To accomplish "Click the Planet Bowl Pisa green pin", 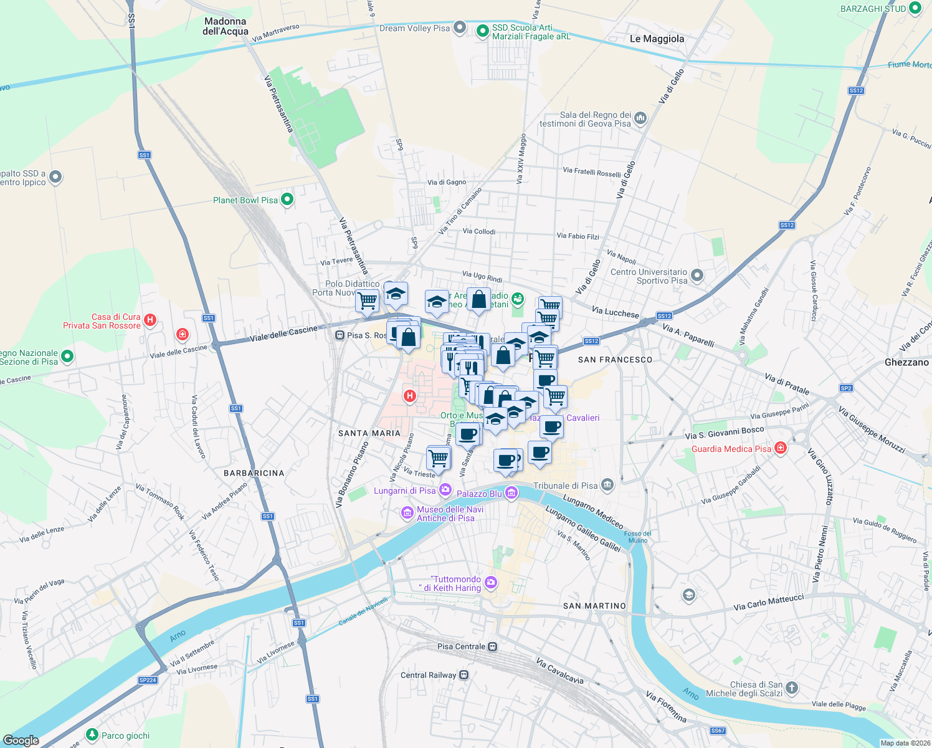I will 287,199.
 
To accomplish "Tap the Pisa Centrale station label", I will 461,646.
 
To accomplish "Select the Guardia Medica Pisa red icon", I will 781,448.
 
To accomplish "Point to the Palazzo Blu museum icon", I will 511,494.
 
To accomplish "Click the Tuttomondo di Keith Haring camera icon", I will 491,583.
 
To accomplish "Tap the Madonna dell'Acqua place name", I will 226,26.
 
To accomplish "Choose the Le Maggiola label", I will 657,39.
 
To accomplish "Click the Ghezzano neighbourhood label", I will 906,362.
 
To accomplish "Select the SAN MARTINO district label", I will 594,606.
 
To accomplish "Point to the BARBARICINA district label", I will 254,473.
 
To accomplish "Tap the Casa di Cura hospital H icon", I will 150,320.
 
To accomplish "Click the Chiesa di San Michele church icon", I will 792,688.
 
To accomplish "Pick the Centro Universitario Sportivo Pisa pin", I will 697,275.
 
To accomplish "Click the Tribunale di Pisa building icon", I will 608,485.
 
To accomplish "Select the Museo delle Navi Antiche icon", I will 407,513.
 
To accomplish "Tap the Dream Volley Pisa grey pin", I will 459,27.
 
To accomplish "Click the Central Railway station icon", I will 463,675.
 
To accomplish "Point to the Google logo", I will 21,741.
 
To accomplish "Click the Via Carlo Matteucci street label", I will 769,602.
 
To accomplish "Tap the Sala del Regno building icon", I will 640,118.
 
